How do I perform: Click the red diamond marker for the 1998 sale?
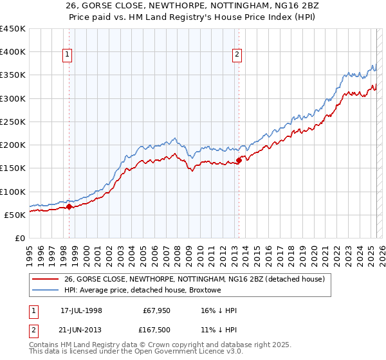(69, 207)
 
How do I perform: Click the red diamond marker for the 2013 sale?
(239, 161)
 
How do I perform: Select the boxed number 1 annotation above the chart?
(68, 55)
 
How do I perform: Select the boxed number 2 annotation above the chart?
(237, 55)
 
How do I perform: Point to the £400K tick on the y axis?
(13, 52)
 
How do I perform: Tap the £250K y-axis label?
(13, 122)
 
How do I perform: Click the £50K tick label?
(15, 215)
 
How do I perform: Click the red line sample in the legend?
(46, 280)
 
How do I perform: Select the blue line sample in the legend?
(46, 291)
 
